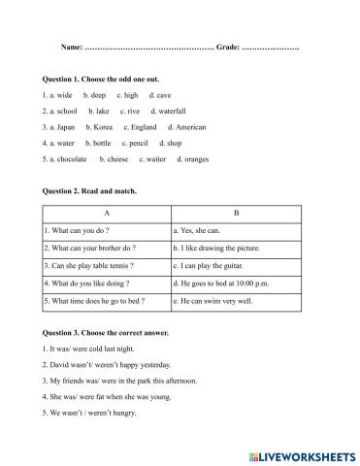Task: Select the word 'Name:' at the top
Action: pyautogui.click(x=73, y=48)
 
